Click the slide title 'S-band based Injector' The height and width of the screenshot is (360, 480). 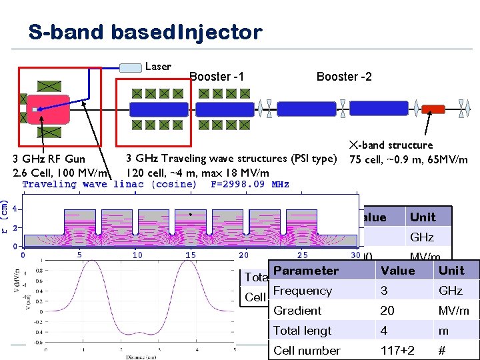145,31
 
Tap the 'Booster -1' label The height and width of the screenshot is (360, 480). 217,77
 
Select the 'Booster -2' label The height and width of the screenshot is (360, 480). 344,77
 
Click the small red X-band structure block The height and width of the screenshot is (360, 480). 434,109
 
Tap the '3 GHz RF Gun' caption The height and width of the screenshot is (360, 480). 53,159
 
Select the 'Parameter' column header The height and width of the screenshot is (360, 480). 306,271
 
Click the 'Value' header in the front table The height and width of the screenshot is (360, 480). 397,271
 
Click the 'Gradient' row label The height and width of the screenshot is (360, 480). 297,311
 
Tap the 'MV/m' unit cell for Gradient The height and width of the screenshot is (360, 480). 453,311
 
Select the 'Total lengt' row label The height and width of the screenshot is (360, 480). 303,331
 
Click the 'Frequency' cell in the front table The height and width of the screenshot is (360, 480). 303,291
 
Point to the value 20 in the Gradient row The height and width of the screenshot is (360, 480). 387,311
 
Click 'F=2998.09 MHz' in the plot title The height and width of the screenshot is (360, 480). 250,184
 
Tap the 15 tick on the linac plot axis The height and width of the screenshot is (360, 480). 191,255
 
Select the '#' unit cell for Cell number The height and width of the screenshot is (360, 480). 441,351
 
